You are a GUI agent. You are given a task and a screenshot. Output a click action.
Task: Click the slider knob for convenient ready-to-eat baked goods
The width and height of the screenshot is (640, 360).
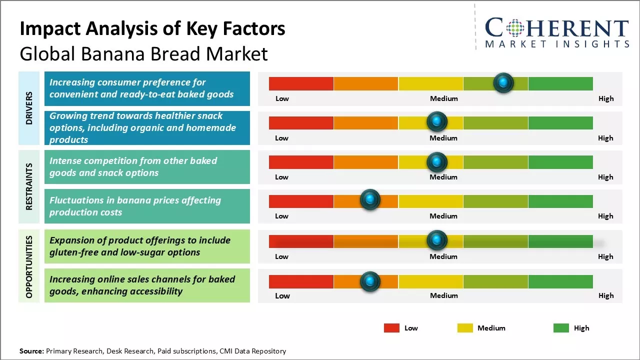503,82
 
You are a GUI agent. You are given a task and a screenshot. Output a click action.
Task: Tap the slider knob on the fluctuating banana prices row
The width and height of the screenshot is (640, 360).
370,200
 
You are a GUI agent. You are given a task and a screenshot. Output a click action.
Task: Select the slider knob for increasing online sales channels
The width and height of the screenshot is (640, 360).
370,281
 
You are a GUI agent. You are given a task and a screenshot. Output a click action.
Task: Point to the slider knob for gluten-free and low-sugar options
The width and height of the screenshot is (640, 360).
437,240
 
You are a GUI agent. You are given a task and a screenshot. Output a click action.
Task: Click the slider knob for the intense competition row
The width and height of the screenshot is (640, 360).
437,162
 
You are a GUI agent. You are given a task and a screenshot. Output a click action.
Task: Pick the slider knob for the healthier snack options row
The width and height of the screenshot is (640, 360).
437,121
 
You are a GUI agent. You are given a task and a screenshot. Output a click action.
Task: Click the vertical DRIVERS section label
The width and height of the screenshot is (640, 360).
29,108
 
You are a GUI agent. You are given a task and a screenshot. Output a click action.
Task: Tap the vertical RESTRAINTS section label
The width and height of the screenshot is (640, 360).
29,186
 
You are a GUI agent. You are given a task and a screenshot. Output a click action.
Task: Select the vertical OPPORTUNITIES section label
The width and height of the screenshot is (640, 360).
29,266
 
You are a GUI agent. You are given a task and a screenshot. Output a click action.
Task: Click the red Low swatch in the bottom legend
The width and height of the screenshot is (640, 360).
391,328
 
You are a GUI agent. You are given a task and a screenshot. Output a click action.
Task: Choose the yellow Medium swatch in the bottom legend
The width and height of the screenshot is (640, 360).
465,328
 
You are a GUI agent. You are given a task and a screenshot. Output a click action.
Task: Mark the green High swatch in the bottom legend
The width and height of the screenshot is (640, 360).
561,328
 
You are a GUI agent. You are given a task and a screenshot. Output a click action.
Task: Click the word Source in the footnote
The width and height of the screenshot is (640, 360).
31,351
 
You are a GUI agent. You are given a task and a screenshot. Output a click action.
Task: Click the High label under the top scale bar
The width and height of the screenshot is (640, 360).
605,98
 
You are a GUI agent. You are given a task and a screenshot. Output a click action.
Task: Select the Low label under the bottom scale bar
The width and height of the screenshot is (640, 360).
282,295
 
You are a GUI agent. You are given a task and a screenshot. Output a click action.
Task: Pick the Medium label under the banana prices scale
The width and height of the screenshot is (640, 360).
443,216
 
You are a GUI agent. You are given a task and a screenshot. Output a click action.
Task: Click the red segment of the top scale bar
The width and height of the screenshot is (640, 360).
301,83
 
